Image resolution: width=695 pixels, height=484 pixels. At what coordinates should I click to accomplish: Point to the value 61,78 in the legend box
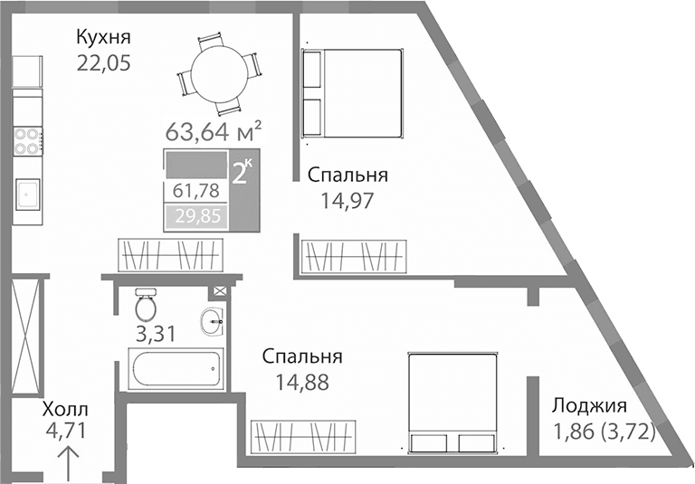click(x=195, y=191)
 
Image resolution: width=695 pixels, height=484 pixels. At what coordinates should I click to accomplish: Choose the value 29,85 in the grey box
click(x=195, y=217)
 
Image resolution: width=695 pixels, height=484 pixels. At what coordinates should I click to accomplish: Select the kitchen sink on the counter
click(x=28, y=193)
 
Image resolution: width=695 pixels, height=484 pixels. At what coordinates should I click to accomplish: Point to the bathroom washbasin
click(x=214, y=318)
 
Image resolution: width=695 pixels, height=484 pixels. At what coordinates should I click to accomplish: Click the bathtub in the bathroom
click(x=176, y=370)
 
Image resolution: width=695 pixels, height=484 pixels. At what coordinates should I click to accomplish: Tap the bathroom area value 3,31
click(x=154, y=334)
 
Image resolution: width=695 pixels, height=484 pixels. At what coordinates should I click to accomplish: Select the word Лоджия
click(x=588, y=406)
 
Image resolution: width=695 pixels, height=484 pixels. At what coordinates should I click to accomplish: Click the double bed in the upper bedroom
click(x=351, y=94)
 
